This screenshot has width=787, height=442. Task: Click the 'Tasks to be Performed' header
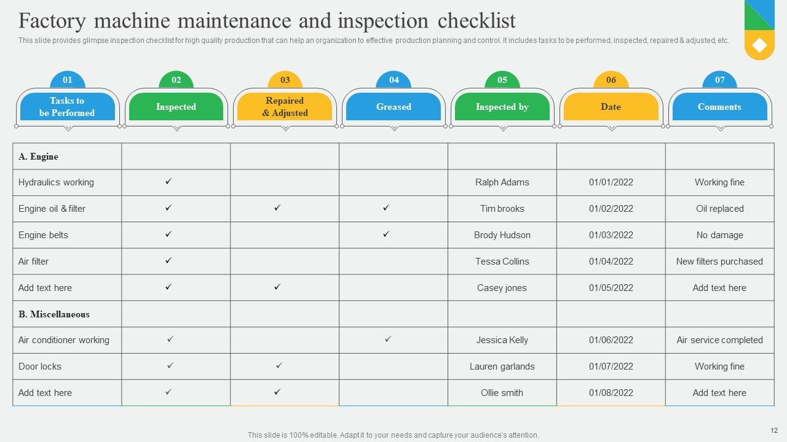pyautogui.click(x=67, y=107)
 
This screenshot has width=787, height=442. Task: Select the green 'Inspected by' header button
pyautogui.click(x=502, y=107)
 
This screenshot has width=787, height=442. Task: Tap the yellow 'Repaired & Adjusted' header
pyautogui.click(x=285, y=107)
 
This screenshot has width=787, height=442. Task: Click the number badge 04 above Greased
pyautogui.click(x=394, y=80)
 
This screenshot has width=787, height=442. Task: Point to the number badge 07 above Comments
pyautogui.click(x=719, y=80)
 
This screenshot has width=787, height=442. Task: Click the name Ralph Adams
pyautogui.click(x=502, y=182)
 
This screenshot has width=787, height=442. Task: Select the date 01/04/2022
pyautogui.click(x=611, y=262)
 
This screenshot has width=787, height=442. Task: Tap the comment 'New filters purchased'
pyautogui.click(x=719, y=262)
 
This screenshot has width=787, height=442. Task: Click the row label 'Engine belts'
pyautogui.click(x=43, y=235)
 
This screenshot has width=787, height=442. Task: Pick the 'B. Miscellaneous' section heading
pyautogui.click(x=54, y=314)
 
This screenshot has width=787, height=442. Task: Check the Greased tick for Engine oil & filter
pyautogui.click(x=386, y=208)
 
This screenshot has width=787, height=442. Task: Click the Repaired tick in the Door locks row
pyautogui.click(x=279, y=366)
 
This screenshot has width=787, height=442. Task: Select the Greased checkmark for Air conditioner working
pyautogui.click(x=388, y=339)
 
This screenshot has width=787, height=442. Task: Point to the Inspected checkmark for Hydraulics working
pyautogui.click(x=168, y=182)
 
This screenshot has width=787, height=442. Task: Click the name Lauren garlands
pyautogui.click(x=502, y=366)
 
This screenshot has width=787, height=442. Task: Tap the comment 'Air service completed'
pyautogui.click(x=719, y=340)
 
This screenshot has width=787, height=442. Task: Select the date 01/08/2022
pyautogui.click(x=611, y=393)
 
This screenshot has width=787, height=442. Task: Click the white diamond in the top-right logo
pyautogui.click(x=759, y=45)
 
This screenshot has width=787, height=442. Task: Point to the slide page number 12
pyautogui.click(x=774, y=430)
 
